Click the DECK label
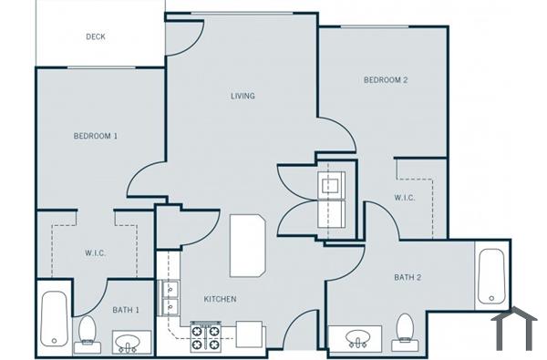pos(95,36)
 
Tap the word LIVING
pos(242,96)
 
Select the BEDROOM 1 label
pos(96,136)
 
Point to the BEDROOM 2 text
pos(386,80)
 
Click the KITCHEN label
pos(220,299)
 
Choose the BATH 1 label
pos(126,311)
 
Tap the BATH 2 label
pos(408,277)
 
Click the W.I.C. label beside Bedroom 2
pos(405,198)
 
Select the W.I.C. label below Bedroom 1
pos(95,252)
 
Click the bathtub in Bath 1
pos(55,318)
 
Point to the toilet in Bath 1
pos(88,332)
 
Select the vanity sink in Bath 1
pos(127,343)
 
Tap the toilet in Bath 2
pos(404,332)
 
